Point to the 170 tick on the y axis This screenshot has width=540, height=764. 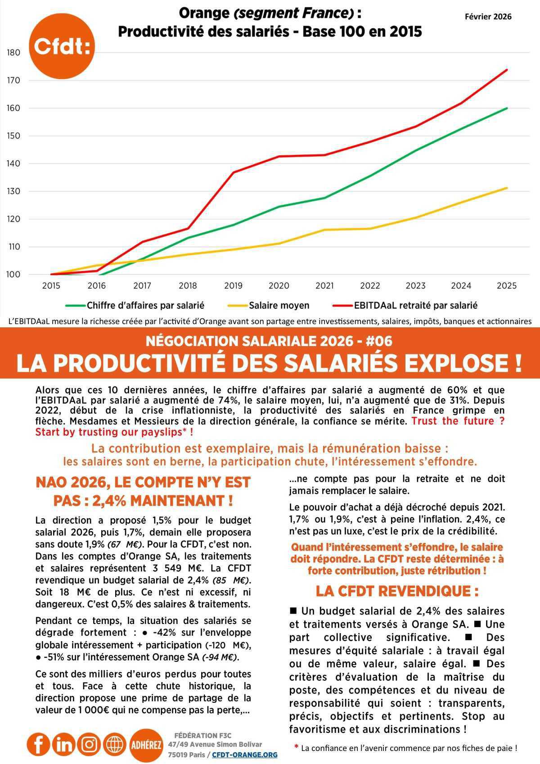tap(14, 81)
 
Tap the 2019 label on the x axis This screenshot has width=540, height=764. tap(233, 285)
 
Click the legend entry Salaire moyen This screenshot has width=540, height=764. tap(279, 306)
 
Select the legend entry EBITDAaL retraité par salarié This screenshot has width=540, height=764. tap(415, 306)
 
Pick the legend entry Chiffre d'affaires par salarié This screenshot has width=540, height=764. tap(145, 306)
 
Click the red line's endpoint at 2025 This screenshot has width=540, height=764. tap(507, 70)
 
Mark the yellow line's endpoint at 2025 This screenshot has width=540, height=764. tap(507, 188)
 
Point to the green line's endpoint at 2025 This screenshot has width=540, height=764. tap(507, 108)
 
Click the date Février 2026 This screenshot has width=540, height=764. tap(488, 17)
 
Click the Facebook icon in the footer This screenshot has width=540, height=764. tap(38, 744)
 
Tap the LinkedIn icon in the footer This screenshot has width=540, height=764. tap(64, 744)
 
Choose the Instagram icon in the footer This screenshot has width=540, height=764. tap(90, 744)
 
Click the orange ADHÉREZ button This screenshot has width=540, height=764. tap(146, 745)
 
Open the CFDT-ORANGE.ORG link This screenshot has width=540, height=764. tap(244, 755)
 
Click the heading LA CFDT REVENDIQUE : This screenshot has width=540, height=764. tap(397, 591)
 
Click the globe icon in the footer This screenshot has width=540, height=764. tap(115, 744)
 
